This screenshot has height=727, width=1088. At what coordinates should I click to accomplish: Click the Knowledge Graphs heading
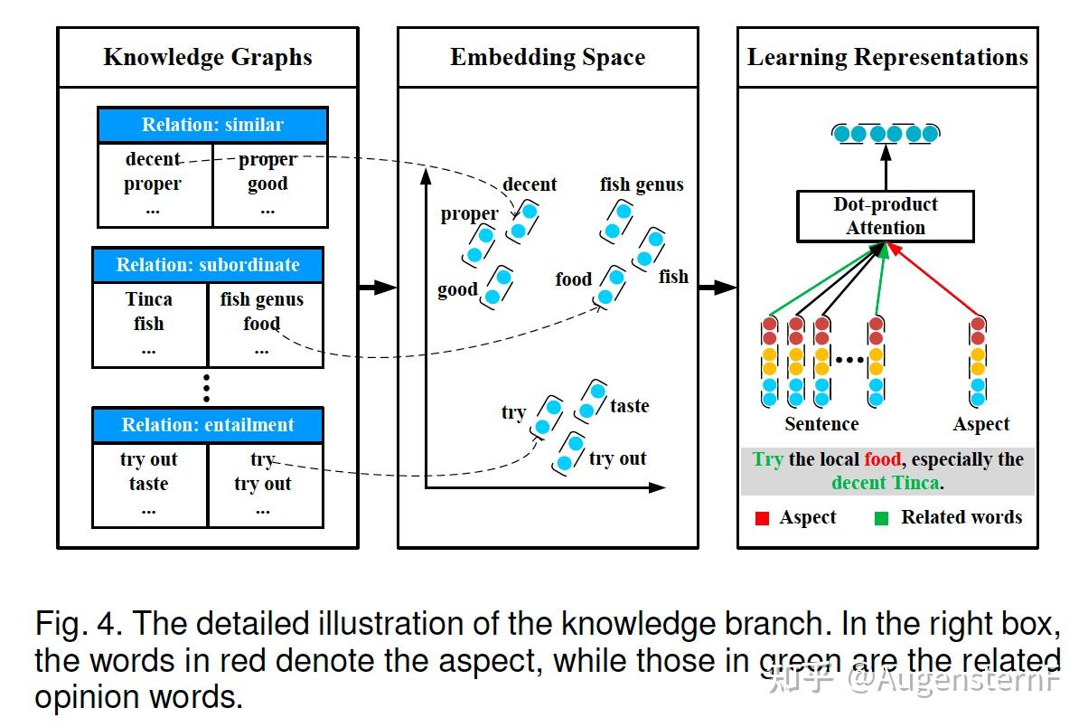pos(208,57)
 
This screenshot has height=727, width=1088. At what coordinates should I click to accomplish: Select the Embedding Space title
pos(548,57)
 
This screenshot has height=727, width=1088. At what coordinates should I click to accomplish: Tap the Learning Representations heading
pos(887,57)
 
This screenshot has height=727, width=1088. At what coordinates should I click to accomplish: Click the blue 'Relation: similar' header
pos(212,125)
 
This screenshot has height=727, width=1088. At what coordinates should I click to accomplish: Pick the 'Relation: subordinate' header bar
pos(208,265)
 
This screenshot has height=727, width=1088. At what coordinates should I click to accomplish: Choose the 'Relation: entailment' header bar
pos(208,425)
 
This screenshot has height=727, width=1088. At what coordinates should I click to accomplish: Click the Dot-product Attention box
pos(886,216)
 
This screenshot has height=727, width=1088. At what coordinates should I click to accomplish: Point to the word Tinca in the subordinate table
pos(148,299)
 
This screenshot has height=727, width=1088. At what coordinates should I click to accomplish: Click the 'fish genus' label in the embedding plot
pos(642,184)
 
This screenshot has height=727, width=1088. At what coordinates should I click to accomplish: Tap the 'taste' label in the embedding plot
pos(630,406)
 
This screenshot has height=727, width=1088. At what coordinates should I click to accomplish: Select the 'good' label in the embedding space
pos(457,289)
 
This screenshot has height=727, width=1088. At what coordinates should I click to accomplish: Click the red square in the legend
pos(762,518)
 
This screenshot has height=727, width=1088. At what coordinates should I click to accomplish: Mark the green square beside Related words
pos(881,518)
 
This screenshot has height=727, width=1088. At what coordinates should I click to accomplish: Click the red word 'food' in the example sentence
pos(883,459)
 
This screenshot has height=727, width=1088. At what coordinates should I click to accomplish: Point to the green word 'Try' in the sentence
pos(767,459)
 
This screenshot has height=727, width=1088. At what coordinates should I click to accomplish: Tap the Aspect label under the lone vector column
pos(981,425)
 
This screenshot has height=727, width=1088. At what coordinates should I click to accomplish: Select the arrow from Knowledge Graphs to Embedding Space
pos(378,288)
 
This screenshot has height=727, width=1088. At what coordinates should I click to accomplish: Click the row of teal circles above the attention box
pos(886,134)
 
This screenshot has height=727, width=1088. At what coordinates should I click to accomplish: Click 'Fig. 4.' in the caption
pos(79,624)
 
